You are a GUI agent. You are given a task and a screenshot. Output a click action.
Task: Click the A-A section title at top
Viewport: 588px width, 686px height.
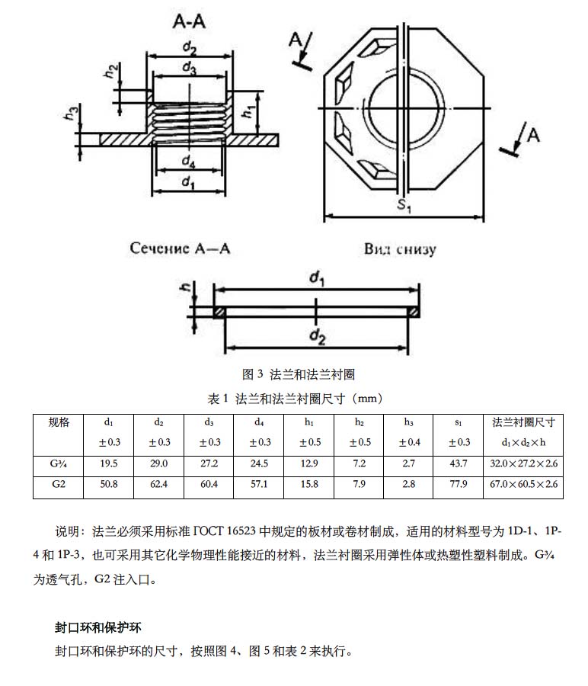pyautogui.click(x=187, y=24)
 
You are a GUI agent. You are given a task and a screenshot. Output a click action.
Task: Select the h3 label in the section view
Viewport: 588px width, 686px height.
pyautogui.click(x=71, y=114)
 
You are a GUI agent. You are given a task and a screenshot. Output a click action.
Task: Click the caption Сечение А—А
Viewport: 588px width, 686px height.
pyautogui.click(x=180, y=248)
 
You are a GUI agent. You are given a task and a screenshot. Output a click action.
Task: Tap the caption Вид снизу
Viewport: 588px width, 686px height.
pyautogui.click(x=400, y=248)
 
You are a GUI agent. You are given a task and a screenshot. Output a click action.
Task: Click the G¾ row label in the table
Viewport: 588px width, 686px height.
pyautogui.click(x=58, y=463)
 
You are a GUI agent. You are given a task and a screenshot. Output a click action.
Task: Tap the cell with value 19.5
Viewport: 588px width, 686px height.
pyautogui.click(x=109, y=463)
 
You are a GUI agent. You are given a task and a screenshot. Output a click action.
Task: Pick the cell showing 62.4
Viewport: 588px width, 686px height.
pyautogui.click(x=159, y=484)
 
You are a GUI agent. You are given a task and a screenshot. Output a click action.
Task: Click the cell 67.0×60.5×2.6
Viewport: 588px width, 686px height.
pyautogui.click(x=523, y=484)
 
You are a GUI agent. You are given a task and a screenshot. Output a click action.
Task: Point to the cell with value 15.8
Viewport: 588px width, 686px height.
pyautogui.click(x=309, y=484)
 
